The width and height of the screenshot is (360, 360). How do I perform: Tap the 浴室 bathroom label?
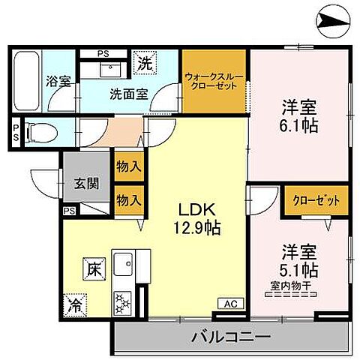tap(61, 80)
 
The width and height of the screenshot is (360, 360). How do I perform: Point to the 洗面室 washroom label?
tap(129, 94)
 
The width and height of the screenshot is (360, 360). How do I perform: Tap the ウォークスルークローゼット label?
tap(214, 79)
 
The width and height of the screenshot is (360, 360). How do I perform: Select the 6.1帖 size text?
tap(300, 125)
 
